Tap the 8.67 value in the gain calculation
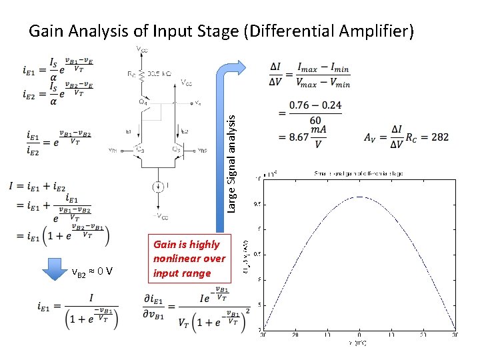pos(294,137)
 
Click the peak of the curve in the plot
pos(359,196)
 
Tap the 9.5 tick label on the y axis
pos(256,204)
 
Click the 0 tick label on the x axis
pos(359,335)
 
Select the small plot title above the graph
pos(357,173)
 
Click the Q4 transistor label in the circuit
pos(143,101)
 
